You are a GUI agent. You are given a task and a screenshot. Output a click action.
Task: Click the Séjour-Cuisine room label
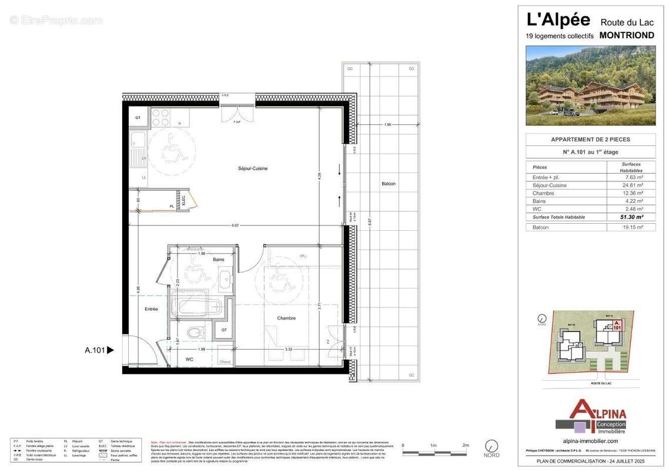pyautogui.click(x=253, y=168)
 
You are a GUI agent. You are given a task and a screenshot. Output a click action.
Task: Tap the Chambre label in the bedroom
pyautogui.click(x=286, y=318)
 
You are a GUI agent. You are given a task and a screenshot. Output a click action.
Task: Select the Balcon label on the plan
pyautogui.click(x=388, y=184)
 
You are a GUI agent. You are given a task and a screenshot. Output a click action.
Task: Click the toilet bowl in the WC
pyautogui.click(x=194, y=333)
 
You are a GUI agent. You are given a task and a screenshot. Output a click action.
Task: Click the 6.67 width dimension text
pyautogui.click(x=235, y=225)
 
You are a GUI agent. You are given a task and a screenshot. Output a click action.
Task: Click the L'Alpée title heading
pyautogui.click(x=558, y=20)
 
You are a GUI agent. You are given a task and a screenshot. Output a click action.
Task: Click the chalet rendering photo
pyautogui.click(x=590, y=85)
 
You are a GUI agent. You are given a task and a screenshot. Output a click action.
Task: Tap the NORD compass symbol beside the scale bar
pyautogui.click(x=491, y=446)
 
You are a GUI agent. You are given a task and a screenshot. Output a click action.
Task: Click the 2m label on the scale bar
pyautogui.click(x=465, y=446)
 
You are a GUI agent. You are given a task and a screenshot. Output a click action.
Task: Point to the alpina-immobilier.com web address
pyautogui.click(x=590, y=440)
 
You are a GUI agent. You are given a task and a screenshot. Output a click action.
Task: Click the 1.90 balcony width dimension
pyautogui.click(x=387, y=125)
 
